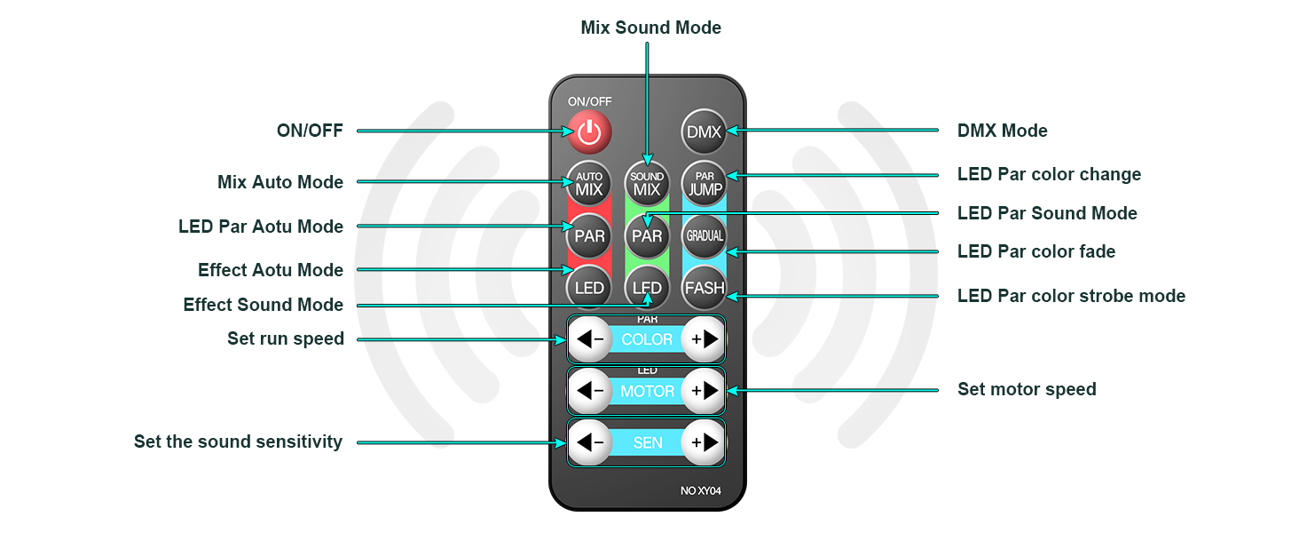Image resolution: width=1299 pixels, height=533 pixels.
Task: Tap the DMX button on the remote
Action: click(705, 132)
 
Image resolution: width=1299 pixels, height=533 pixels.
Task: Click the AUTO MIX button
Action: click(589, 183)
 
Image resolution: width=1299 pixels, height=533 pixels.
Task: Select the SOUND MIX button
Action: click(647, 183)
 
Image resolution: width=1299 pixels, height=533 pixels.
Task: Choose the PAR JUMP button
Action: click(705, 183)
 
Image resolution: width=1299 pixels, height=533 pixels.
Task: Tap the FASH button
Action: click(705, 288)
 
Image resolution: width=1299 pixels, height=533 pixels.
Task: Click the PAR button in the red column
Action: click(589, 235)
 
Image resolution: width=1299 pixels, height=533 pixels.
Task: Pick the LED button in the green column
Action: click(647, 288)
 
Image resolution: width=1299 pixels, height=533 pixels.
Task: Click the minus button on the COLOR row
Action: click(589, 339)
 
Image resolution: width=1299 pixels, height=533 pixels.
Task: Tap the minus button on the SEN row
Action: click(589, 442)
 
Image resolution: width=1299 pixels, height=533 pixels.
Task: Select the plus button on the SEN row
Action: click(705, 442)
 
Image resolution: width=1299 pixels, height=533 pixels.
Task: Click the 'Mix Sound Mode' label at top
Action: click(650, 28)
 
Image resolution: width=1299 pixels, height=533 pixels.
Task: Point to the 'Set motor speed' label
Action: click(1027, 389)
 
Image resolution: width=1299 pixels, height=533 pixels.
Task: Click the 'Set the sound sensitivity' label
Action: click(238, 442)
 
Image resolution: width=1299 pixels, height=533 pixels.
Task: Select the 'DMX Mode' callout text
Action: click(1002, 131)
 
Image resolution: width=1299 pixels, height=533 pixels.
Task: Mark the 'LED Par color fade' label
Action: click(1035, 251)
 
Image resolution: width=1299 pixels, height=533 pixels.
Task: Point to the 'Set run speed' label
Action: click(285, 338)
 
